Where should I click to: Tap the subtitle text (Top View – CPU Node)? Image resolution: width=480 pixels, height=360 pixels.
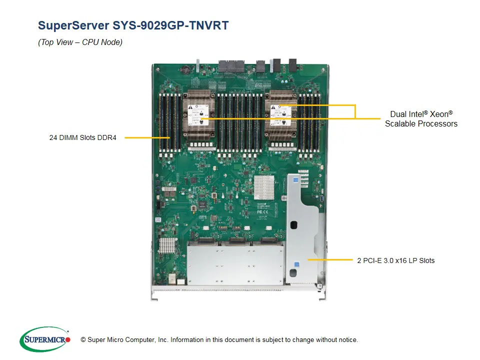80,42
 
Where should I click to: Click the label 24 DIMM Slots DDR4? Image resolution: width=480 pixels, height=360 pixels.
82,137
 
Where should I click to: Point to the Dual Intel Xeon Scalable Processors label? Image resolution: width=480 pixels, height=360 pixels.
421,119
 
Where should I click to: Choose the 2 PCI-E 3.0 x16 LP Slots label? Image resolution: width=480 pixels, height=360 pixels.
395,260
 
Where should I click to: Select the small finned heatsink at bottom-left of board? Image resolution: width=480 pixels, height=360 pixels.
167,245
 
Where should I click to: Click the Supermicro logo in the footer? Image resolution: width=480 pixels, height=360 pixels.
45,339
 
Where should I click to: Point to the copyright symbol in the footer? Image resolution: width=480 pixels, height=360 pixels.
83,340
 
